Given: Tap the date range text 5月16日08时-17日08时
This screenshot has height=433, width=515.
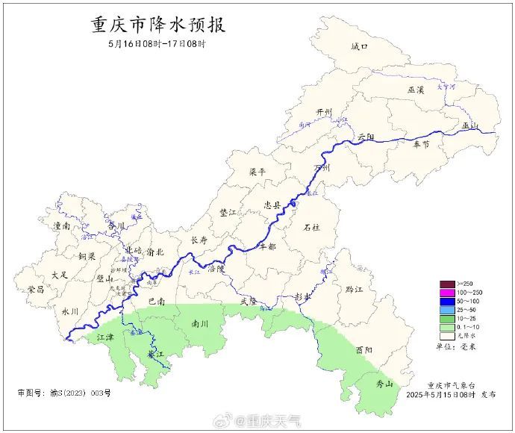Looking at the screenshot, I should click(x=157, y=43).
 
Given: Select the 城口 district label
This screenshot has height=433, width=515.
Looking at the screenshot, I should click(x=360, y=47).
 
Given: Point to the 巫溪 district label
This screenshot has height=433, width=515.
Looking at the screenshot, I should click(x=416, y=90).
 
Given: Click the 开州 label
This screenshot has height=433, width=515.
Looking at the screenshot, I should click(x=324, y=112).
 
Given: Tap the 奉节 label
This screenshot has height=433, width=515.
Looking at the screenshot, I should click(x=421, y=144).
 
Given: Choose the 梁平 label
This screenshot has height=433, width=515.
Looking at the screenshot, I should click(x=257, y=172).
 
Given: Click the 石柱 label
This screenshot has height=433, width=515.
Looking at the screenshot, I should click(x=312, y=227).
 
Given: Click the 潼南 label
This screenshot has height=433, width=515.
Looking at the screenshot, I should click(x=61, y=225).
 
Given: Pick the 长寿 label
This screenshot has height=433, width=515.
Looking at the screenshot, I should click(x=199, y=240).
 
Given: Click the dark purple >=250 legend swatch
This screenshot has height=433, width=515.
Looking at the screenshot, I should click(x=448, y=284).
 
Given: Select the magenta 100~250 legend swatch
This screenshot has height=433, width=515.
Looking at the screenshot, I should click(x=448, y=292).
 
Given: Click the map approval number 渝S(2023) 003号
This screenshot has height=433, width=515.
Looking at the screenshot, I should click(x=63, y=393).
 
